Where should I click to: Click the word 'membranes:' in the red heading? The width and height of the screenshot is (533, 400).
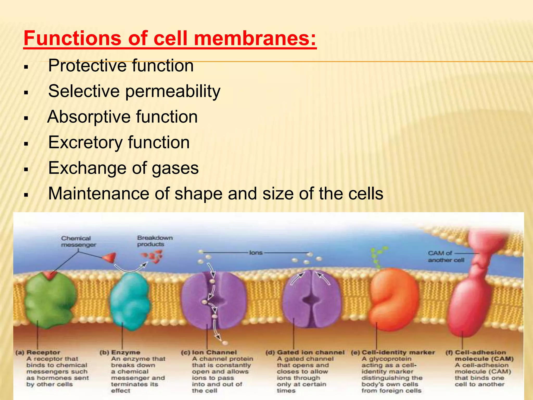point(255,38)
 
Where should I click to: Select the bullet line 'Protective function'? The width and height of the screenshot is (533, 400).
point(121,65)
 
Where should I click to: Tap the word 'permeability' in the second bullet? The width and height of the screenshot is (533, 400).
point(173,91)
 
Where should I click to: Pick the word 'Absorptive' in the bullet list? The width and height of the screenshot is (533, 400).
point(88,117)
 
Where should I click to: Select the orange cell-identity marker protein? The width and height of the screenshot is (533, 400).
point(393,299)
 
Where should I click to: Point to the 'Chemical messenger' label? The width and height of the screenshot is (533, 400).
point(78,241)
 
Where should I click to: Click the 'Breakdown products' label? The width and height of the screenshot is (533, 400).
point(155,241)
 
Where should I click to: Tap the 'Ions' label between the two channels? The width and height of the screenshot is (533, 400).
point(256,253)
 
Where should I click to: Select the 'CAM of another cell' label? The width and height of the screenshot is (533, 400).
point(446,257)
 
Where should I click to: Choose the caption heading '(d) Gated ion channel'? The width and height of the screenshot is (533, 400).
point(305,352)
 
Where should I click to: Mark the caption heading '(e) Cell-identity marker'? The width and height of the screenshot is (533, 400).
point(393,352)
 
